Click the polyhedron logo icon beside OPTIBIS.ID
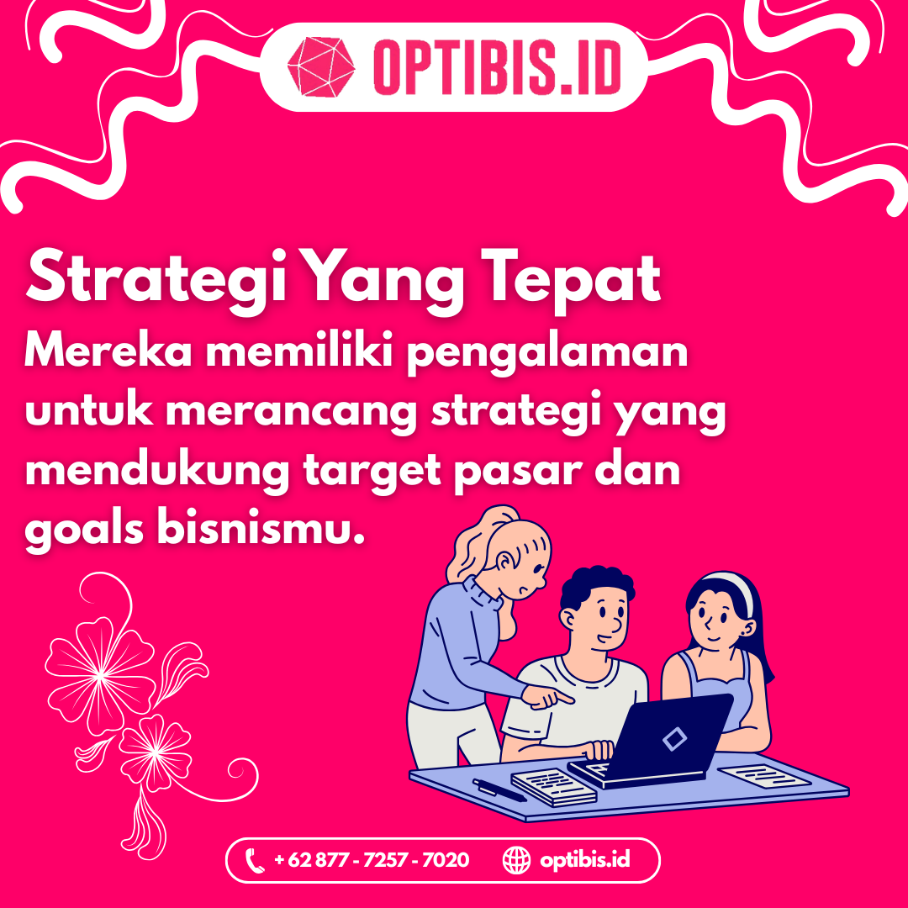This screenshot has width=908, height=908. (x=321, y=66)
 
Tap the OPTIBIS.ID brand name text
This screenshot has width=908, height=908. (x=498, y=67)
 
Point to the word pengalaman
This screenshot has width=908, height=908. (x=547, y=352)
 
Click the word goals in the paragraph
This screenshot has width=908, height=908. (x=84, y=531)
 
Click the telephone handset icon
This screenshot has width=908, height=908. (x=255, y=861)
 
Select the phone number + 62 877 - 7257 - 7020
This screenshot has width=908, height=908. (x=372, y=860)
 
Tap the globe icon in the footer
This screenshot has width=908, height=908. (x=516, y=860)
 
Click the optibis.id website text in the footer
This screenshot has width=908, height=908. (x=585, y=860)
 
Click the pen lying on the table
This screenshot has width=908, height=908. (x=499, y=789)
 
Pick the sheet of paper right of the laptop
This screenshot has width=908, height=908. (x=764, y=776)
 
